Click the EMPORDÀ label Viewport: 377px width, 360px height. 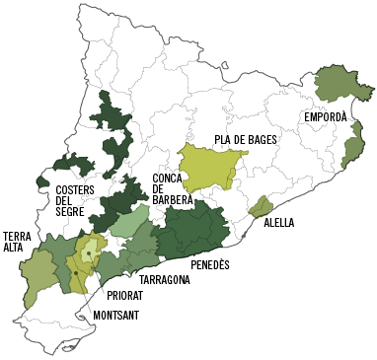click(325, 117)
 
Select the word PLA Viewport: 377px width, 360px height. click(225, 140)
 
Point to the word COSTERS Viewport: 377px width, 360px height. click(76, 190)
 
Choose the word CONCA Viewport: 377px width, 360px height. click(168, 180)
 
